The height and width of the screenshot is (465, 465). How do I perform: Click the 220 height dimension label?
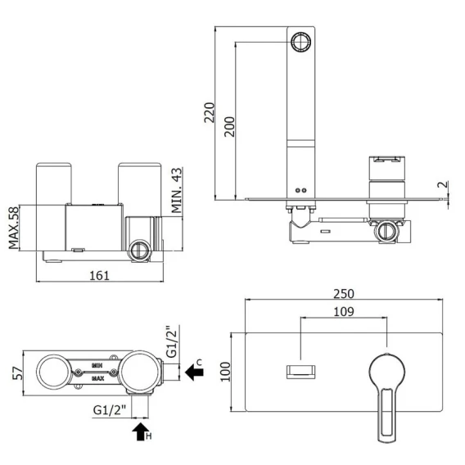[x=210, y=112]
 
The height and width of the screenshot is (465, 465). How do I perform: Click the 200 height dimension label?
[x=229, y=127]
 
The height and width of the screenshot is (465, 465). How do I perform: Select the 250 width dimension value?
[x=344, y=294]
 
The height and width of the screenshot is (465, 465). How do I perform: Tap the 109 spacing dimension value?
[x=344, y=312]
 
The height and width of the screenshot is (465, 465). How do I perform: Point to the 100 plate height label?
[x=226, y=372]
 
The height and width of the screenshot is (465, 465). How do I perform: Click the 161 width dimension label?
[x=99, y=276]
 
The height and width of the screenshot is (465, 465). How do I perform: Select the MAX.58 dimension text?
[x=13, y=228]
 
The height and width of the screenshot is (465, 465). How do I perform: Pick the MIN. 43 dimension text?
[x=177, y=190]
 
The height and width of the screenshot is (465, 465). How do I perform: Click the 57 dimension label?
[x=17, y=373]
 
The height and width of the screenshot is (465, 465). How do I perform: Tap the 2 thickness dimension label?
[x=442, y=184]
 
